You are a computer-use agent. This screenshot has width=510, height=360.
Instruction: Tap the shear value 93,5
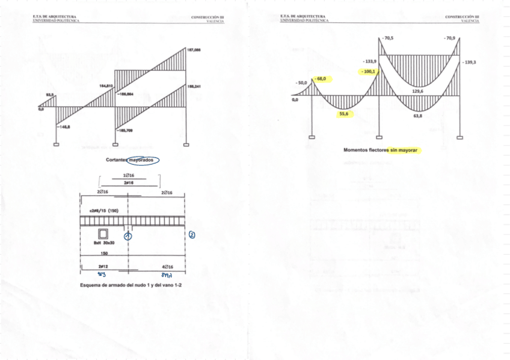click(51, 94)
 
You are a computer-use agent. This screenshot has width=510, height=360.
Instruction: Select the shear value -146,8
click(64, 127)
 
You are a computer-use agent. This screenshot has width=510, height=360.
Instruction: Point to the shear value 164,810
click(106, 86)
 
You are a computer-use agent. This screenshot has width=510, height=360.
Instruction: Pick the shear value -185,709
click(125, 130)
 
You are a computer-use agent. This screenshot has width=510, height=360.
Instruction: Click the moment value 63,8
click(417, 115)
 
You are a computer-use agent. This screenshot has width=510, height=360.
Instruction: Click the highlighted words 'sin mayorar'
click(404, 149)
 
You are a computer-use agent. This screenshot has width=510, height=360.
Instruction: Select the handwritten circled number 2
click(192, 235)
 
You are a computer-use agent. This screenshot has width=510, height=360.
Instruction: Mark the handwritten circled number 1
click(128, 236)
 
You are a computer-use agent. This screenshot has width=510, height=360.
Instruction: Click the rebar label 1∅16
click(128, 176)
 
